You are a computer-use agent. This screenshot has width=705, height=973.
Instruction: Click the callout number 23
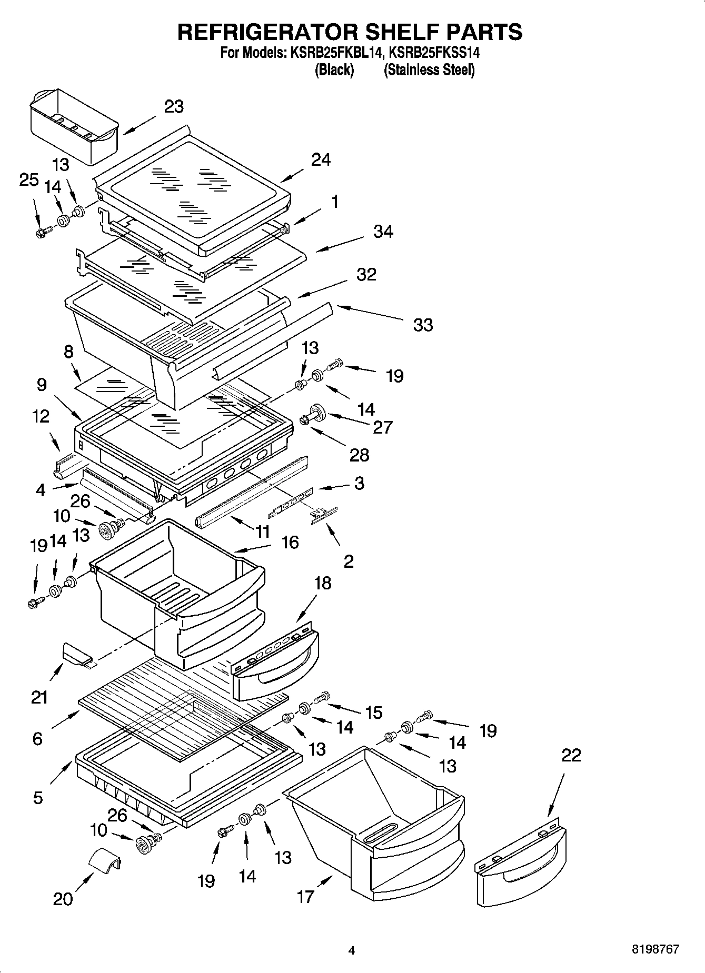point(174,106)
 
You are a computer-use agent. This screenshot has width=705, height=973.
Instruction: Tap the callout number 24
point(321,159)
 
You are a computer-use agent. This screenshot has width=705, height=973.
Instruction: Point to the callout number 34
point(383,232)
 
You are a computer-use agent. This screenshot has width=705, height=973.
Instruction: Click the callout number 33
point(423,325)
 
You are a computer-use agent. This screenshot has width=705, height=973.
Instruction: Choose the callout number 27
point(383,427)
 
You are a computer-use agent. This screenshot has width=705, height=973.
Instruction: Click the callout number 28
point(360,455)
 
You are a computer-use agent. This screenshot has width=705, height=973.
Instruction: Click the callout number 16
point(290,542)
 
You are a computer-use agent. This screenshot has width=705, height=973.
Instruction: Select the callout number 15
point(373,713)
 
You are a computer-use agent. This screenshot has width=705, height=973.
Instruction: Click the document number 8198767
point(655,950)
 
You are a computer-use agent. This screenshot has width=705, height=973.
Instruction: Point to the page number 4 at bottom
point(352,950)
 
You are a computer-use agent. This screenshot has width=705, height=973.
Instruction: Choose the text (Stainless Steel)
point(429,70)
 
